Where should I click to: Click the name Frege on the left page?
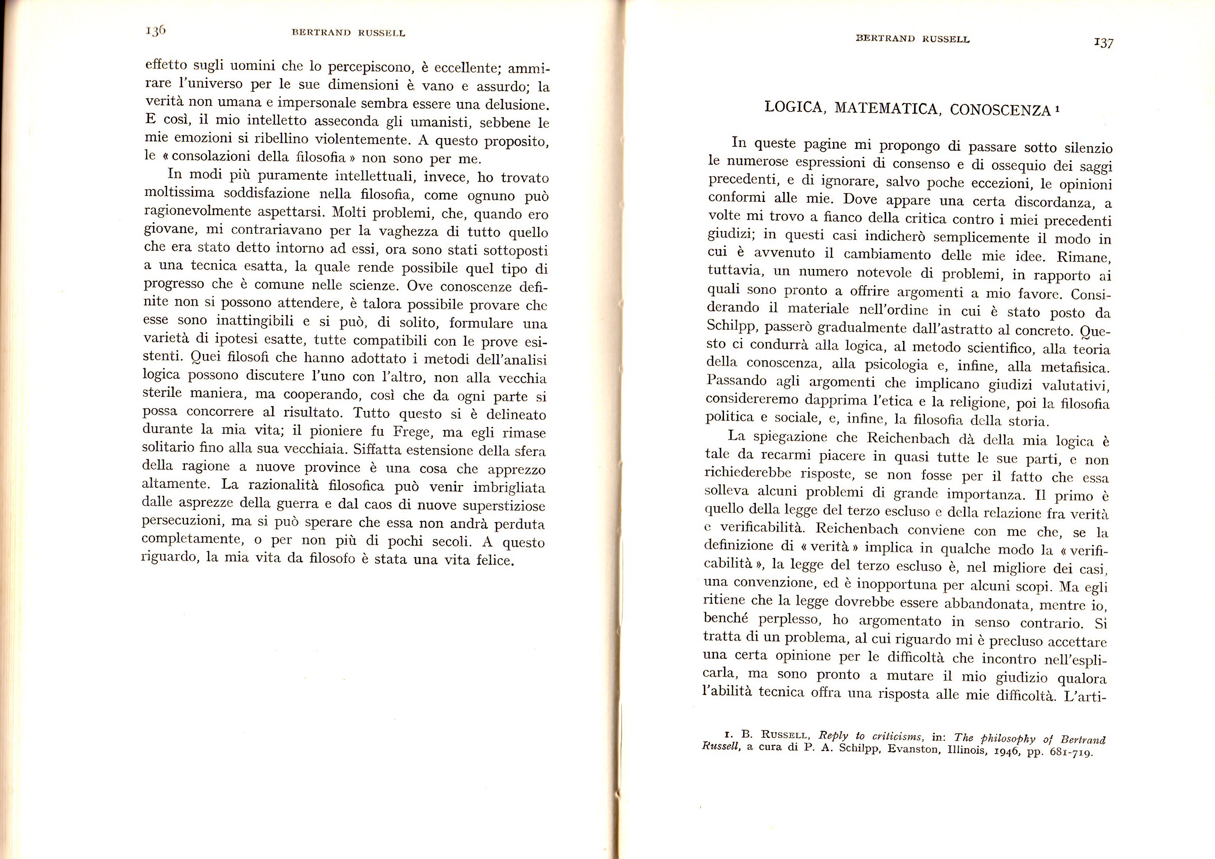(413, 432)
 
